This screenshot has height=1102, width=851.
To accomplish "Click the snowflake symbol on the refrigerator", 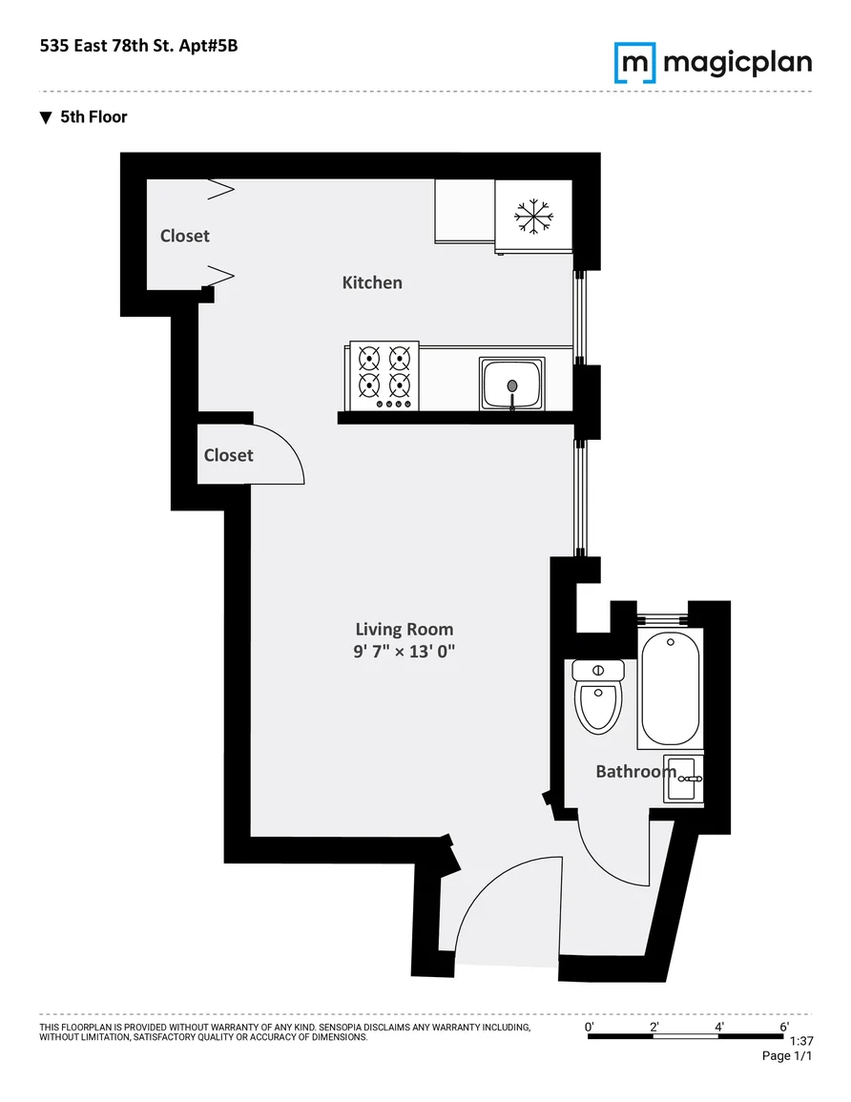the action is [533, 216].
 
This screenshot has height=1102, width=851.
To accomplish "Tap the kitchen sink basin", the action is [511, 384].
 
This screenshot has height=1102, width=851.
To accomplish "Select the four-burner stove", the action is [384, 376].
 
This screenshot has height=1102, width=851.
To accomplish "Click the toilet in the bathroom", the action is [598, 696].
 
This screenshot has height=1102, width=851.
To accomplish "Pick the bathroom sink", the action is [684, 779].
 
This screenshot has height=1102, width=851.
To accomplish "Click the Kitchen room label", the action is [372, 282].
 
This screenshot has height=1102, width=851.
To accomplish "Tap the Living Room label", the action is [405, 629].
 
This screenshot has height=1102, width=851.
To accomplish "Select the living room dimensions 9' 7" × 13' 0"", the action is [405, 652].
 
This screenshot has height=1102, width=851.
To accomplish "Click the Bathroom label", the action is [636, 772].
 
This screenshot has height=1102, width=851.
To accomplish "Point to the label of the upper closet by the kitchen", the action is [185, 237].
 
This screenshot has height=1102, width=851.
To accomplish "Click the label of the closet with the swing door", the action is [228, 455].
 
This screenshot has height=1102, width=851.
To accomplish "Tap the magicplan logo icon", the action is [635, 63].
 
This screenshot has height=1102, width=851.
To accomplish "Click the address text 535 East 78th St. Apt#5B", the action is [138, 46].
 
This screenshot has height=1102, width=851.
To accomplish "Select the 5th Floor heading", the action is [93, 117].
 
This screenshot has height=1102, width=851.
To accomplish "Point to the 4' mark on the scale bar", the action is [719, 1027].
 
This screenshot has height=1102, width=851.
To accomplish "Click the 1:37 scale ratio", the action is [801, 1042].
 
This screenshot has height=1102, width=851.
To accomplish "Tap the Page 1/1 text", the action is [787, 1055].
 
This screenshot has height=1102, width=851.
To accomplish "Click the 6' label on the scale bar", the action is [784, 1027].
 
